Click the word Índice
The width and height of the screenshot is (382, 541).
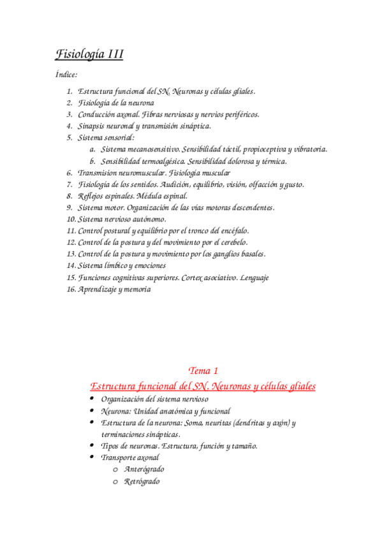coord(66,74)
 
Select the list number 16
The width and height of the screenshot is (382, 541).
coord(71,289)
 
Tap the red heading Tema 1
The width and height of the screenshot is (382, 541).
coord(203,371)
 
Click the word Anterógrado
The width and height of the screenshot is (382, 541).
coord(144,469)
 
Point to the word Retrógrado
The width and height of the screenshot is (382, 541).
coord(142,481)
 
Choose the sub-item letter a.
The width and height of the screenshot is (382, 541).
coord(92,149)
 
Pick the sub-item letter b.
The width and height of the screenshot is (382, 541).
coord(92,161)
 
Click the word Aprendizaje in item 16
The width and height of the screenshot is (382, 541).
coord(98,289)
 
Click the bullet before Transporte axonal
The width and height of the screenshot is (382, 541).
coord(92,457)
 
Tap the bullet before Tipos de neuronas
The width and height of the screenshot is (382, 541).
coord(92,446)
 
